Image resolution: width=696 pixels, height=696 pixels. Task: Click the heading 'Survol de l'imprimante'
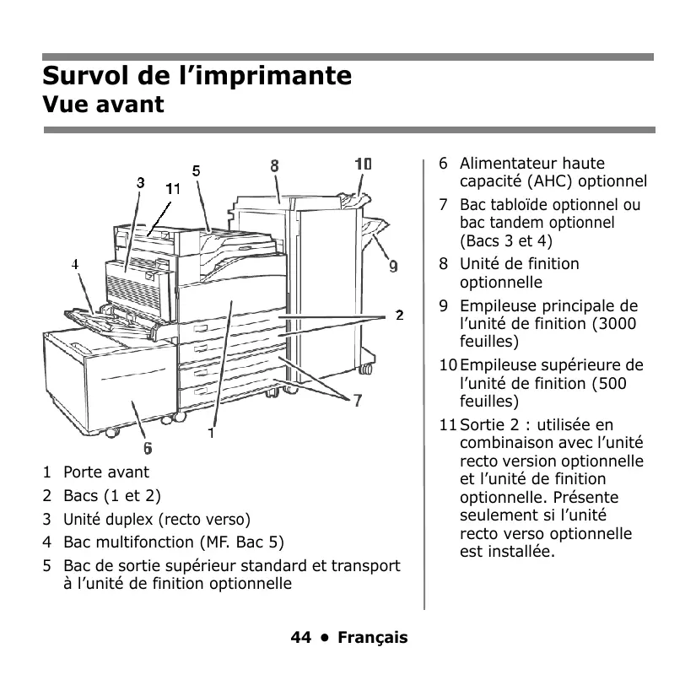click(x=197, y=75)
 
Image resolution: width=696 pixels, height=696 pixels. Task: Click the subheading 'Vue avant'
click(x=103, y=105)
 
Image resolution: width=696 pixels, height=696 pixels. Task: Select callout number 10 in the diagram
click(x=363, y=164)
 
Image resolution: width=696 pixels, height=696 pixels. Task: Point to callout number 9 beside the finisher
click(x=393, y=267)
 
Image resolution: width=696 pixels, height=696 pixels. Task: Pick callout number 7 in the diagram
click(x=358, y=401)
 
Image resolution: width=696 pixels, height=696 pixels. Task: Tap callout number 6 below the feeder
click(x=148, y=448)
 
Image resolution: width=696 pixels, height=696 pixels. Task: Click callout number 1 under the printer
click(x=212, y=435)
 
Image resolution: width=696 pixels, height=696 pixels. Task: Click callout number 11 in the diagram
click(x=173, y=189)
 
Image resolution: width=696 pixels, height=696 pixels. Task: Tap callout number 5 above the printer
click(x=196, y=170)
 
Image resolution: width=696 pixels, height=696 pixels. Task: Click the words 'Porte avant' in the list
click(x=106, y=472)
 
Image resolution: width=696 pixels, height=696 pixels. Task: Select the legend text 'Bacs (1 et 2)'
click(x=112, y=495)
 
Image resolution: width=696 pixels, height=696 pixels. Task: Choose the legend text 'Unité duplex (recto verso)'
click(x=157, y=519)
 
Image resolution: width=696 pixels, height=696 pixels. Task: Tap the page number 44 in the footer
click(x=300, y=638)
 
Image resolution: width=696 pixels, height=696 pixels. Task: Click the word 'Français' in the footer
click(x=372, y=638)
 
